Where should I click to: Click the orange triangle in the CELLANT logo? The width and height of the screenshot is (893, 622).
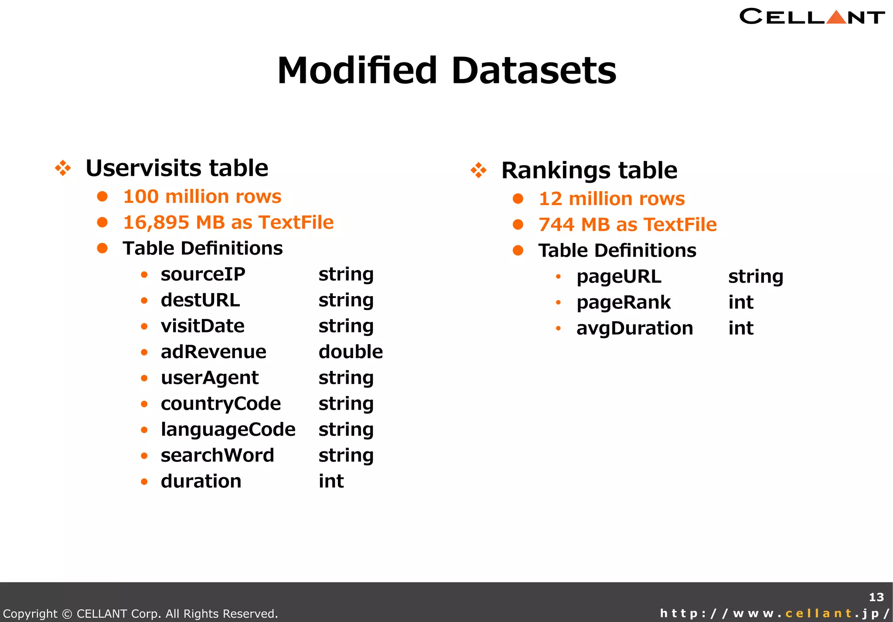click(x=836, y=17)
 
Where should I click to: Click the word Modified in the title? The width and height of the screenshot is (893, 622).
click(x=357, y=71)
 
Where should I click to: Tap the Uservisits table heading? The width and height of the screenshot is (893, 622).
click(x=177, y=168)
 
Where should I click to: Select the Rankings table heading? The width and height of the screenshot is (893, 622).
click(x=589, y=170)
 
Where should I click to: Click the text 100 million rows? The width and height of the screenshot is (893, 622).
click(x=202, y=197)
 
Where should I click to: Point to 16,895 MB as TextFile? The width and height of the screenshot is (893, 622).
click(x=228, y=222)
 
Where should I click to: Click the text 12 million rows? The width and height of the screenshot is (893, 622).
click(x=611, y=199)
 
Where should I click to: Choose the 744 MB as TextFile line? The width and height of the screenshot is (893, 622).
click(x=627, y=225)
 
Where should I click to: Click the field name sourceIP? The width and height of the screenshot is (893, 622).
click(x=203, y=274)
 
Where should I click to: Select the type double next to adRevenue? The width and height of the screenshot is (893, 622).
click(x=351, y=352)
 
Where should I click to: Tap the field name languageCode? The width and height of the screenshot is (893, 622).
click(x=228, y=430)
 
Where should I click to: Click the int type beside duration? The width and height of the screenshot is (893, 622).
click(x=331, y=482)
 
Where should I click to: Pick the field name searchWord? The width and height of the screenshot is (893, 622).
click(x=217, y=455)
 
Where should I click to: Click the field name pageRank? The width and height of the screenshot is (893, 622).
click(x=623, y=302)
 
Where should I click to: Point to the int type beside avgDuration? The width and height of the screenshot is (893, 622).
click(x=740, y=328)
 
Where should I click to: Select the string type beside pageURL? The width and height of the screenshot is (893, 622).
click(x=755, y=277)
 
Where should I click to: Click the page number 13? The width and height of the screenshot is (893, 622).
click(x=876, y=597)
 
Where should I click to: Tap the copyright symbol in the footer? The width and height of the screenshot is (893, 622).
click(x=67, y=614)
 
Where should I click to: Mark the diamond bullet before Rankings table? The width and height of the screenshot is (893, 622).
click(x=478, y=170)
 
